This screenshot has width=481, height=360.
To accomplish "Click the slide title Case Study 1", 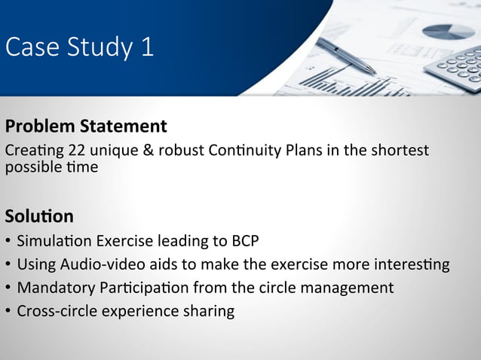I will [x=79, y=47].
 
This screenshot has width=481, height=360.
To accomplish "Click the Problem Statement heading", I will [x=85, y=125].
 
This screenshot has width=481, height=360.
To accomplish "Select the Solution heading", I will [x=39, y=217].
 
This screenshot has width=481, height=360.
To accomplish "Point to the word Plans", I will [x=304, y=150].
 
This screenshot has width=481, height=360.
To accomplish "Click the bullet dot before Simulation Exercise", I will [x=8, y=243].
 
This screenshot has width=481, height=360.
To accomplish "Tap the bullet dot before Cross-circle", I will [x=8, y=311].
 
